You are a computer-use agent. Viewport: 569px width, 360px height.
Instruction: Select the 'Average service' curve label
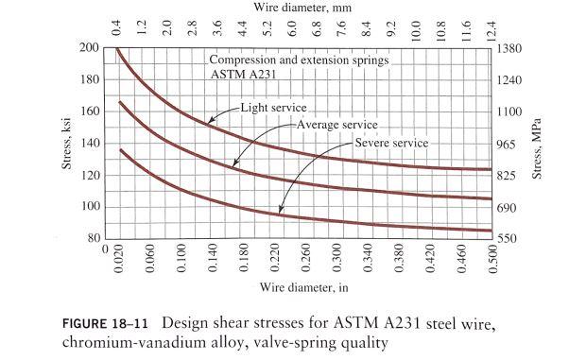click(336, 125)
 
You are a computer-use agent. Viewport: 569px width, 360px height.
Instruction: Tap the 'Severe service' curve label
click(391, 143)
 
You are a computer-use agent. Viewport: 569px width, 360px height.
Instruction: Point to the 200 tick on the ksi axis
click(89, 47)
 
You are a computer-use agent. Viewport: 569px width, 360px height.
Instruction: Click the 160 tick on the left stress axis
click(89, 111)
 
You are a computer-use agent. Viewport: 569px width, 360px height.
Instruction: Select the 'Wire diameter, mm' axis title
click(302, 7)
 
